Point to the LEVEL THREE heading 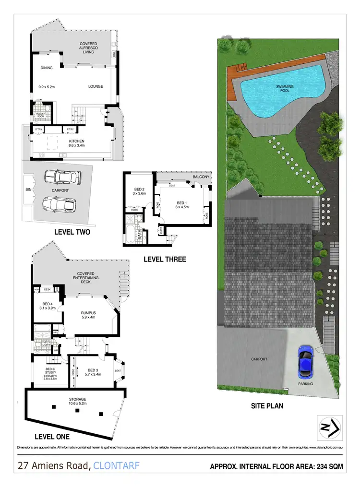(165, 259)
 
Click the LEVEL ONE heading (52, 437)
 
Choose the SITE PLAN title (267, 405)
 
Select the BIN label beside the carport (28, 190)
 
